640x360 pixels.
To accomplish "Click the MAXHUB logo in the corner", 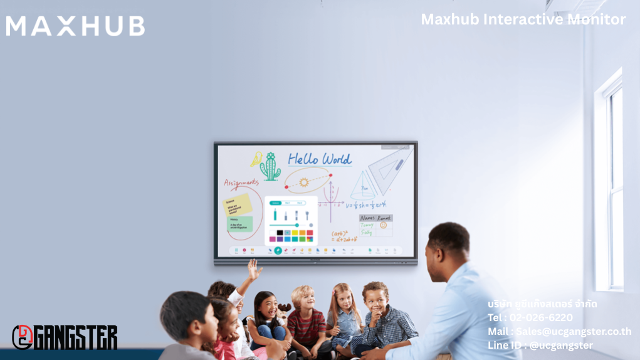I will [75, 26].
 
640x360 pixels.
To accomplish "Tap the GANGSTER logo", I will [65, 337].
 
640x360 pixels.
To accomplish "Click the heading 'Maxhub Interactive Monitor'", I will [523, 19].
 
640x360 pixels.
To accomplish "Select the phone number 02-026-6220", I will [540, 317].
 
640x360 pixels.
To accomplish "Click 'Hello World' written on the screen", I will [320, 159].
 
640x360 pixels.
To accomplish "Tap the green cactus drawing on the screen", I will [271, 166].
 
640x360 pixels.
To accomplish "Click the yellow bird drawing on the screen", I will [256, 159].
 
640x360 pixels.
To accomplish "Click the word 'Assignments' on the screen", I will [241, 183].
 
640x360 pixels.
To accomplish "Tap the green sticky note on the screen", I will [240, 224].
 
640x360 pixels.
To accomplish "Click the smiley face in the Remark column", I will [384, 225].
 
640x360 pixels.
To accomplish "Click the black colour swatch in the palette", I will [280, 233].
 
